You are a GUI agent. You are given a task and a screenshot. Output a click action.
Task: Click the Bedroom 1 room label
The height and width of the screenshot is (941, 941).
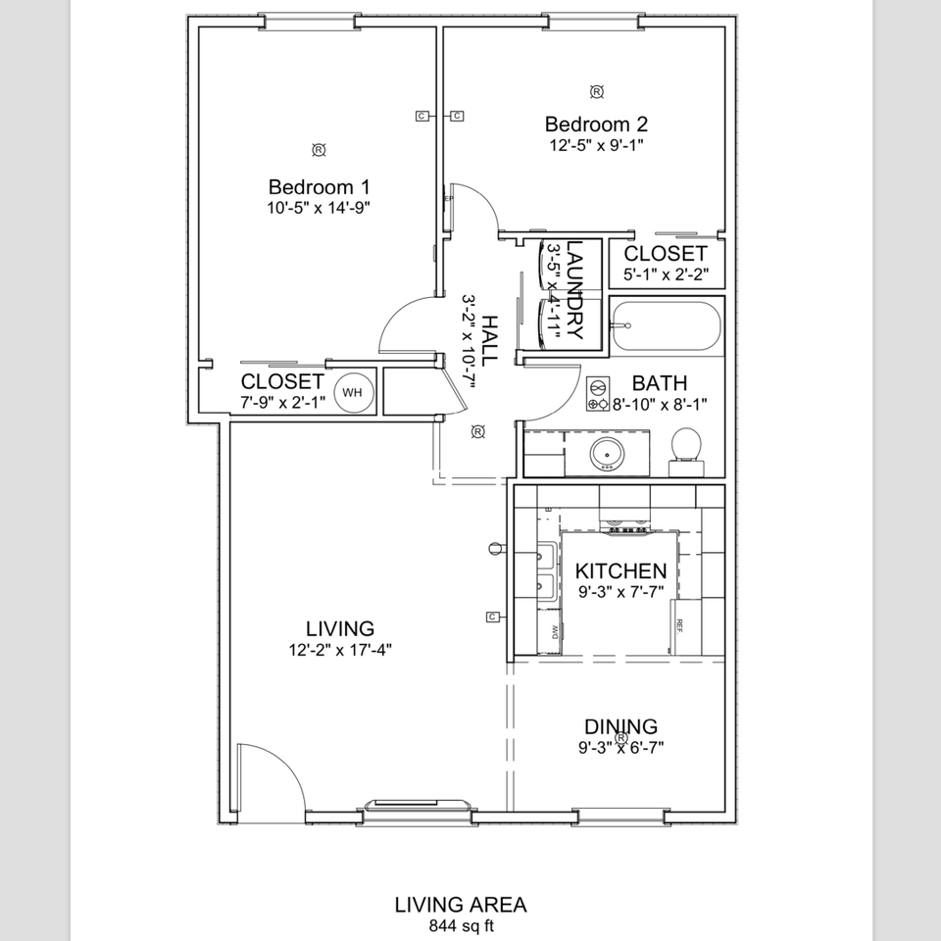[x=319, y=186]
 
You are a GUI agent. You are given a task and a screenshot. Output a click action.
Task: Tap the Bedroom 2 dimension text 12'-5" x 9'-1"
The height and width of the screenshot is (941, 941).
[x=596, y=144]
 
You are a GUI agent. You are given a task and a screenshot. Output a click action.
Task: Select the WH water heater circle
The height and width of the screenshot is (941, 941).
[x=352, y=393]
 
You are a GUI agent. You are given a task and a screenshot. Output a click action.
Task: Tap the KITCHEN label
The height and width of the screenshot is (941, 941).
[x=620, y=570]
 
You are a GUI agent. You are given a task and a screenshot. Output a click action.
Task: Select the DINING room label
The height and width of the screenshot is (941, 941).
[x=620, y=726]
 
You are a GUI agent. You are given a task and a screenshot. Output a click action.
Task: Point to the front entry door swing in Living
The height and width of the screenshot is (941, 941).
[x=269, y=774]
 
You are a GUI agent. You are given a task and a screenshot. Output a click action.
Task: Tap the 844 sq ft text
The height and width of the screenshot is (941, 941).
[x=461, y=924]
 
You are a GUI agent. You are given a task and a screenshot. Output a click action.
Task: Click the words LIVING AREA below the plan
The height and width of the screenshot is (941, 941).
[x=461, y=905]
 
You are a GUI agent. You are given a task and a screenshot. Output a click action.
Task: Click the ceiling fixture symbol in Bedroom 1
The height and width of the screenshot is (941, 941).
[x=319, y=150]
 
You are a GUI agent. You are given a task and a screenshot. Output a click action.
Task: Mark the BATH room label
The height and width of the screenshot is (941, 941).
[x=659, y=383]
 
